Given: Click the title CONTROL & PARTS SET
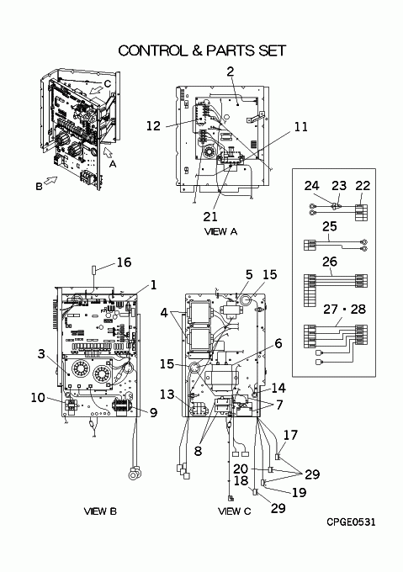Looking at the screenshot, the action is tap(202, 50).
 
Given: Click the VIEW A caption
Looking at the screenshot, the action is tap(220, 231).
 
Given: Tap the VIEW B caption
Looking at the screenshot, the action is tap(100, 511).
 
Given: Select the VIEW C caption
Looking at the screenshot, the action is tap(235, 511).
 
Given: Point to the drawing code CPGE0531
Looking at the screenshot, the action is tap(351, 522).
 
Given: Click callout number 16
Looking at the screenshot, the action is tap(124, 262).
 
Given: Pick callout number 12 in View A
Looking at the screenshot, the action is tap(153, 126).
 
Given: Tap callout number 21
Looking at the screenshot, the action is tap(210, 217).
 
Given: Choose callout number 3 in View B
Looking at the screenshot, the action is tap(41, 354).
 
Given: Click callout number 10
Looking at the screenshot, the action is tap(38, 398).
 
